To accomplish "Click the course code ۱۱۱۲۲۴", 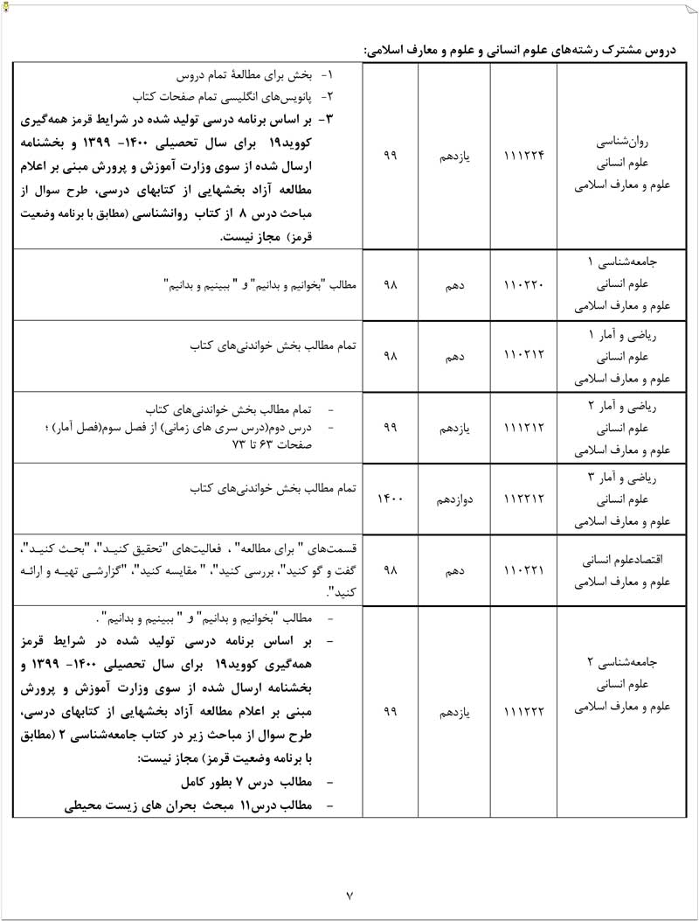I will [x=524, y=156].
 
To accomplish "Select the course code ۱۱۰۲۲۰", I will [x=524, y=285].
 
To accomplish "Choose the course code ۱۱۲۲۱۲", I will [x=524, y=499].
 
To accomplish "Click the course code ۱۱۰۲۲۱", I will [x=524, y=570].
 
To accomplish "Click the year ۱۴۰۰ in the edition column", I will [x=391, y=499].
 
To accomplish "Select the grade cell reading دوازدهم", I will [x=455, y=499].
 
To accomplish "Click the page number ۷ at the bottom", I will [x=349, y=896].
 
